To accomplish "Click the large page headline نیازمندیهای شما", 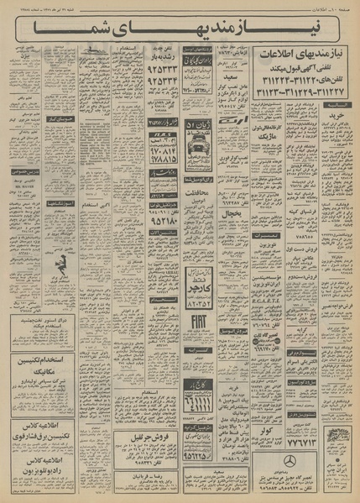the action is point(180,34).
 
